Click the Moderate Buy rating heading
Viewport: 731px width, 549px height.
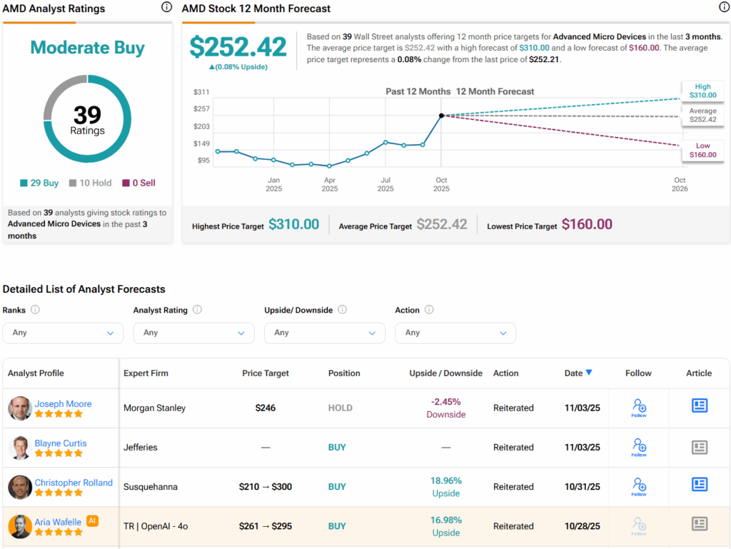pos(87,48)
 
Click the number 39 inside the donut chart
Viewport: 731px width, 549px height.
pos(87,115)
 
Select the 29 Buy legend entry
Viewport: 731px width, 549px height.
pos(39,183)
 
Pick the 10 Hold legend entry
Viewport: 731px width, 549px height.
pos(90,183)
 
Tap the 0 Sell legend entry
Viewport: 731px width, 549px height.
pos(138,183)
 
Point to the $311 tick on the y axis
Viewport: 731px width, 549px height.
pos(201,92)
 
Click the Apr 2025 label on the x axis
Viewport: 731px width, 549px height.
pos(329,184)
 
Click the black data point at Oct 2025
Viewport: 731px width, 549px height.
pos(441,115)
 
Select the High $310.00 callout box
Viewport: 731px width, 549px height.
pos(702,91)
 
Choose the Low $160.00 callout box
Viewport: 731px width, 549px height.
pos(702,150)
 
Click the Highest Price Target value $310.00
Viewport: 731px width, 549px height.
pos(293,224)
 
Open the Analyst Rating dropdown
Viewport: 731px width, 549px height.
pos(193,333)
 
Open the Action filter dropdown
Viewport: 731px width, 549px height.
pos(455,333)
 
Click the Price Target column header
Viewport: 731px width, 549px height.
pos(266,373)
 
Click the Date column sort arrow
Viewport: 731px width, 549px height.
pos(589,372)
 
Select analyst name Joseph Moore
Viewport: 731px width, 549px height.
pos(63,403)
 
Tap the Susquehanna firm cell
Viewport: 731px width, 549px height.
pos(151,487)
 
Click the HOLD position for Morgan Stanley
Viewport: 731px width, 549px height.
pos(341,408)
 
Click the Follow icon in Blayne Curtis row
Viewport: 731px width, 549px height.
pos(639,447)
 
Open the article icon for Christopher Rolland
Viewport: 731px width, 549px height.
pos(700,484)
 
